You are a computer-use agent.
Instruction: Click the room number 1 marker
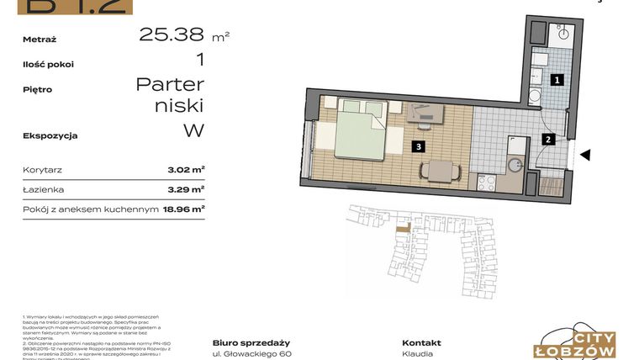(x=556, y=80)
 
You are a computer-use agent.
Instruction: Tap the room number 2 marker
(x=547, y=140)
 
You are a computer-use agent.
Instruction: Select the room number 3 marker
(x=417, y=146)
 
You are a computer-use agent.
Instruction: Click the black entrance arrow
(x=586, y=155)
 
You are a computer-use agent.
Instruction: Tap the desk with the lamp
(x=426, y=113)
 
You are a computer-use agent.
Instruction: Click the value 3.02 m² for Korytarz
(x=186, y=170)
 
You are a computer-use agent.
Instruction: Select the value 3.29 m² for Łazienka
(x=186, y=190)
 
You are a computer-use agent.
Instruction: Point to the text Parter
(x=170, y=84)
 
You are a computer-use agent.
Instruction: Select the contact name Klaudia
(x=418, y=355)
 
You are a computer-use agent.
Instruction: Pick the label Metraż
(x=40, y=38)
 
